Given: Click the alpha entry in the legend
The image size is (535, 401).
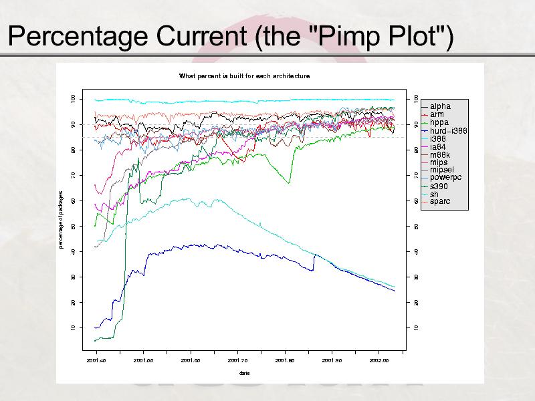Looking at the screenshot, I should click(440, 106).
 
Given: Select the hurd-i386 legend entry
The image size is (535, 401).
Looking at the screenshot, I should click(448, 130).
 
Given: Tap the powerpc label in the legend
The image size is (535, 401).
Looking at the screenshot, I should click(445, 178).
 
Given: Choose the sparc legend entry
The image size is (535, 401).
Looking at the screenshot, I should click(440, 201).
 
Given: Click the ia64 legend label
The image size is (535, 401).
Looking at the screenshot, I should click(439, 146).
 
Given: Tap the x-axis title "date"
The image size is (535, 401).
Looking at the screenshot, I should click(244, 372).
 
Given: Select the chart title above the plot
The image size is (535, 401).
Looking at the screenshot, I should click(244, 76).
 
